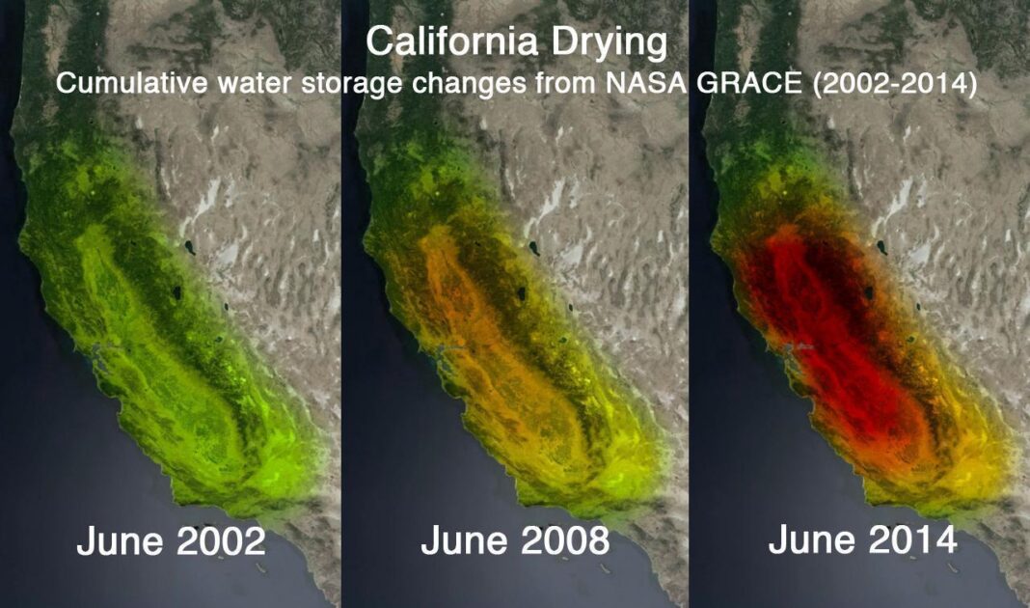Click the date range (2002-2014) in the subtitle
click(x=895, y=84)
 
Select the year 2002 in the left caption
click(x=214, y=541)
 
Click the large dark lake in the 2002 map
click(x=176, y=290)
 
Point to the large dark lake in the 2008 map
click(x=522, y=292)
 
